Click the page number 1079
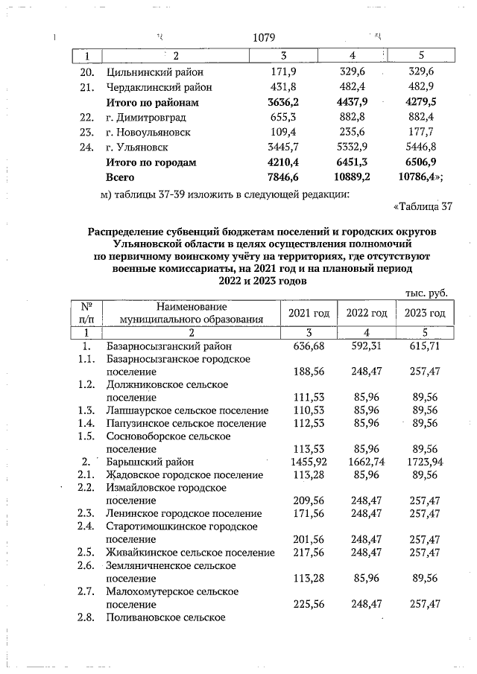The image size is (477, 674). click(x=264, y=38)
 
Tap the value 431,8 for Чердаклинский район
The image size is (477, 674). click(x=283, y=87)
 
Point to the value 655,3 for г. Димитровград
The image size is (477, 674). click(x=283, y=117)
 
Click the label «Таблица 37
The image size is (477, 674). click(x=422, y=206)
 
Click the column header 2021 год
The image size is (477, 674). click(x=308, y=313)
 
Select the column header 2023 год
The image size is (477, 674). click(x=425, y=313)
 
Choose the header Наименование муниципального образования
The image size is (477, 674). click(x=192, y=313)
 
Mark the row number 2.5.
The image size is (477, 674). click(x=87, y=552)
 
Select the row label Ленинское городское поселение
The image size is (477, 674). click(x=183, y=514)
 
